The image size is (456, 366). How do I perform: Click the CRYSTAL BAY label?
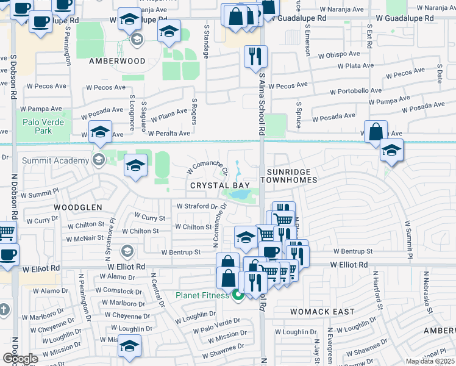[215, 185]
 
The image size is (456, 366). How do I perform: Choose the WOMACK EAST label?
[330, 312]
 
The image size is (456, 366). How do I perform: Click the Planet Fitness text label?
[202, 296]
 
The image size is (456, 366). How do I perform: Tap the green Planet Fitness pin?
[238, 296]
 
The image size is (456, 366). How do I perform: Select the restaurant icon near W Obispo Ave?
[255, 56]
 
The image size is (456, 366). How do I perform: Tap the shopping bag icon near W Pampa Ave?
[377, 131]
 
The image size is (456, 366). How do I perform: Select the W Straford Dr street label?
[196, 207]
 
